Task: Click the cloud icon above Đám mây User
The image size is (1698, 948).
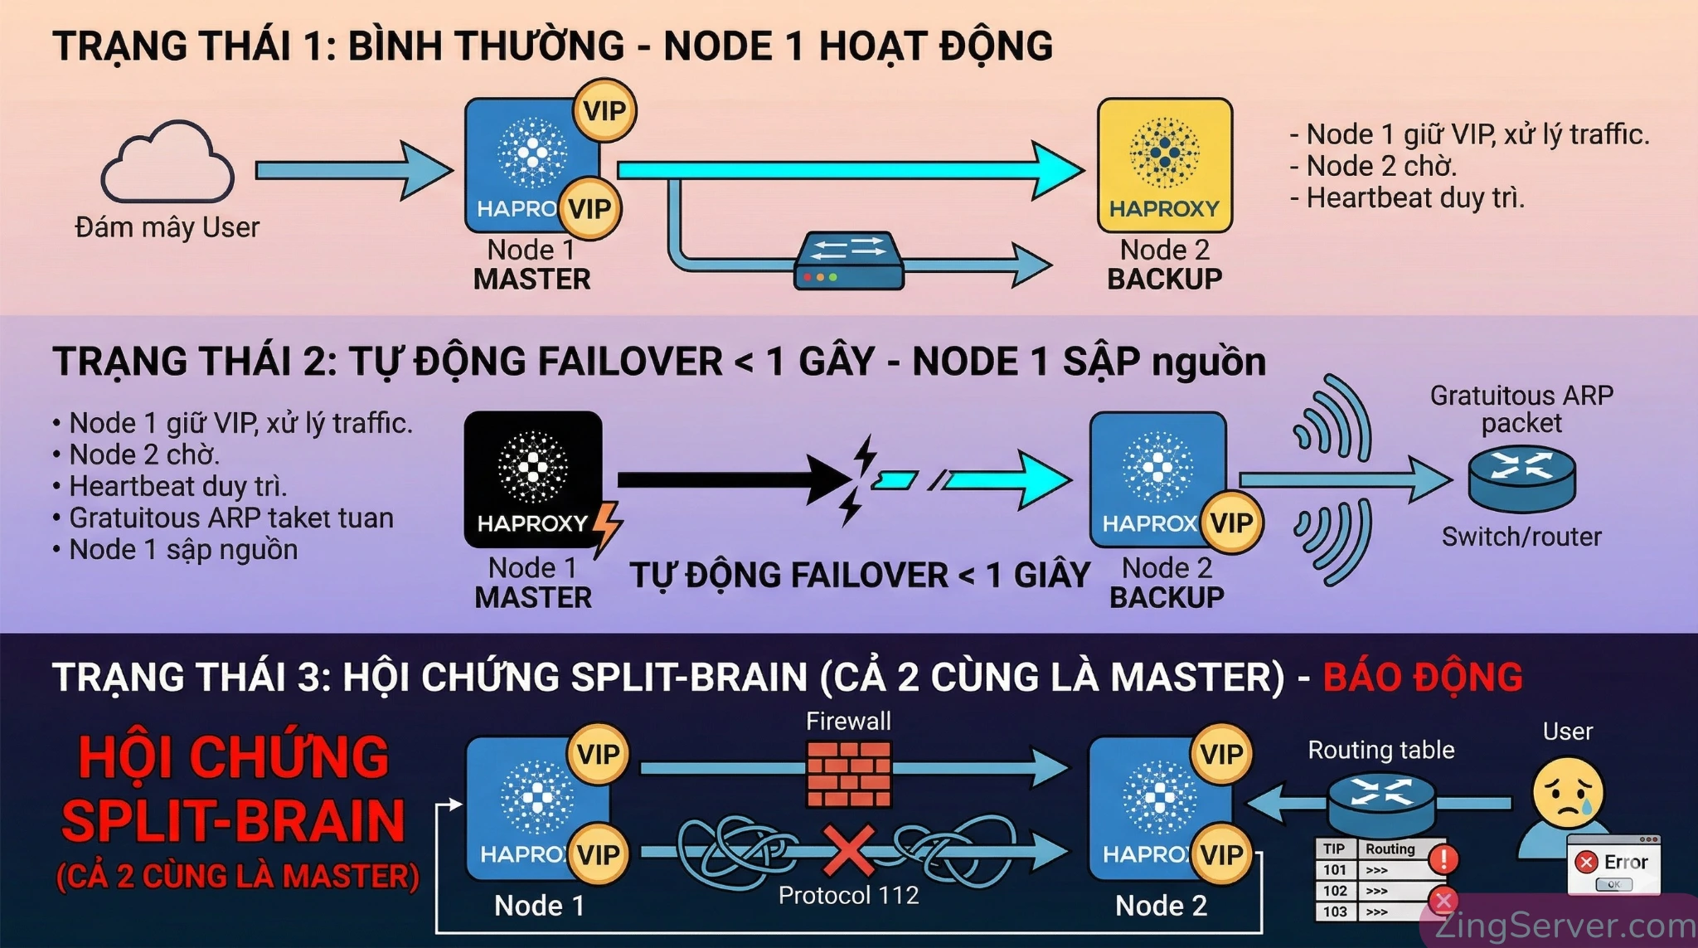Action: pos(167,163)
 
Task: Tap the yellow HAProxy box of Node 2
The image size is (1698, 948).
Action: pos(1164,165)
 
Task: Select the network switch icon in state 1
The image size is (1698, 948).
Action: pos(848,260)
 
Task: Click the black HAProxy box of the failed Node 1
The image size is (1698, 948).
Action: pos(532,478)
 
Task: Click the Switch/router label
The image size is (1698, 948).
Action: pos(1521,537)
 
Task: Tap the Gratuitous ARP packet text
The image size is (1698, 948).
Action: pos(1521,409)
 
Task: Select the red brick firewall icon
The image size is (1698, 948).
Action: pos(848,773)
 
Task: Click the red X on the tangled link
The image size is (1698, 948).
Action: pos(848,851)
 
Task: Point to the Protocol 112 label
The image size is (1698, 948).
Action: pos(848,896)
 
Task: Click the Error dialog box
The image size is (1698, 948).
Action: pos(1613,866)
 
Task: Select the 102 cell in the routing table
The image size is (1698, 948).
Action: pos(1335,891)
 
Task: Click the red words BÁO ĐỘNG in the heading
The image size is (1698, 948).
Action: pos(1423,678)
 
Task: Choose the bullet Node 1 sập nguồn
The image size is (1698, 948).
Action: pos(183,550)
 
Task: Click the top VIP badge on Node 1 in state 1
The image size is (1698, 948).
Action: pos(604,110)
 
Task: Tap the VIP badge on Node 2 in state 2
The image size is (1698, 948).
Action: pos(1231,523)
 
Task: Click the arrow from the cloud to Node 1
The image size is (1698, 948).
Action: pos(352,171)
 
